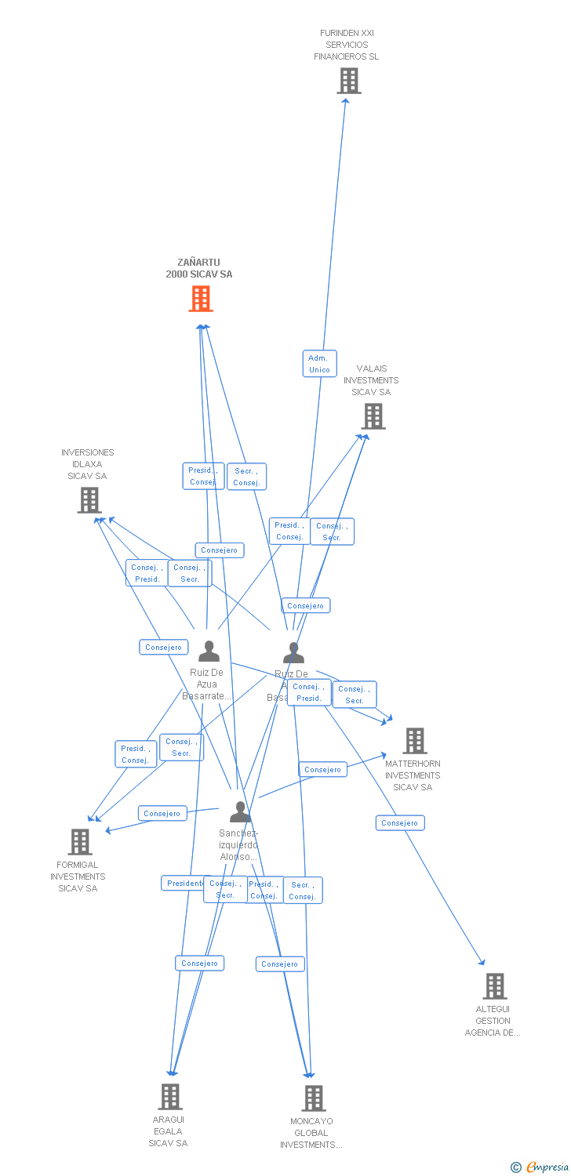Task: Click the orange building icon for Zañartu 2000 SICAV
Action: click(201, 299)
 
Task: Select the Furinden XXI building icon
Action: click(348, 81)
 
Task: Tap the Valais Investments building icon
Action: click(373, 416)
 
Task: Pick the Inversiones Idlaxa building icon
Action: click(89, 500)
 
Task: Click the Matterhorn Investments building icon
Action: click(414, 740)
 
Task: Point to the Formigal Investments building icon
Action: click(80, 841)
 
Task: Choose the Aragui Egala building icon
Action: click(170, 1096)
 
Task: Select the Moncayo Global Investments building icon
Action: click(313, 1098)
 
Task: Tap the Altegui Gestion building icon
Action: click(494, 985)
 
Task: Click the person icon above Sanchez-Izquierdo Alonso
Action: click(240, 811)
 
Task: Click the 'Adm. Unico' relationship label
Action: click(319, 364)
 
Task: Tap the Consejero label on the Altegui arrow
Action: click(400, 823)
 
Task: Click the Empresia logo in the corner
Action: click(540, 1167)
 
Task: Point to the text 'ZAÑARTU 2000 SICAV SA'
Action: click(199, 268)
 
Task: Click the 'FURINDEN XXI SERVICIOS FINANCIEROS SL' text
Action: click(347, 45)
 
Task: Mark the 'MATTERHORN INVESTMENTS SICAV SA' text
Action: click(413, 775)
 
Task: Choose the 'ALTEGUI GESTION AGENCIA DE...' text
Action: click(493, 1021)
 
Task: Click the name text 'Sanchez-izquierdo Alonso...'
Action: click(238, 845)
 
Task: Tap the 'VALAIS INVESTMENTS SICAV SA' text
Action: click(371, 380)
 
